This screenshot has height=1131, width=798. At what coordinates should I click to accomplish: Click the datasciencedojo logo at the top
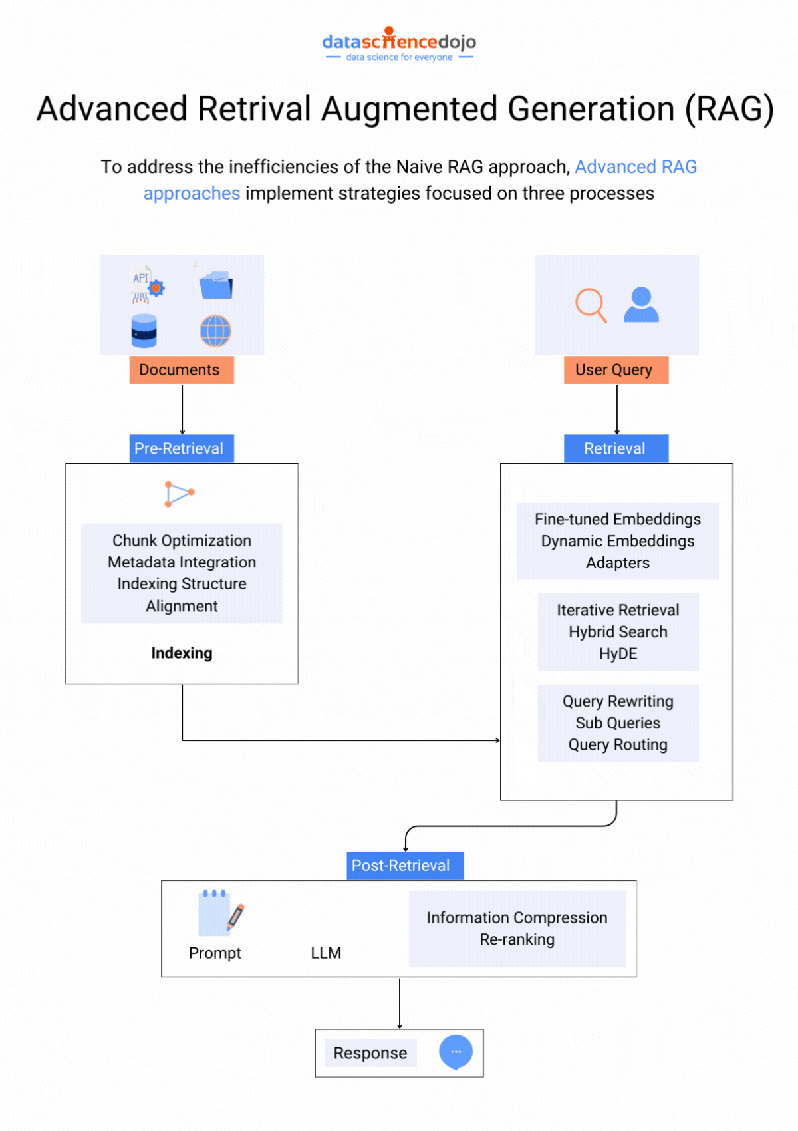point(399,44)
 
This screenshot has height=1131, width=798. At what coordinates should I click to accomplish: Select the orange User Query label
point(615,370)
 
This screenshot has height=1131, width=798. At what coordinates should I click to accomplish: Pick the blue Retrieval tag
point(615,448)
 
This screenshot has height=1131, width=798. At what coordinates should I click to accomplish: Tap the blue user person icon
point(641,305)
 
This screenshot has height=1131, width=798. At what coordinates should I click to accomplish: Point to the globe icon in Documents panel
point(215,331)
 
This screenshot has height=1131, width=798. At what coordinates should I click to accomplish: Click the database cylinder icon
point(144,331)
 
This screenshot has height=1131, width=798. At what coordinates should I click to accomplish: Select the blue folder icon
point(215,285)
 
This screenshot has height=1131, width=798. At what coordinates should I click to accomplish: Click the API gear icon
point(147,285)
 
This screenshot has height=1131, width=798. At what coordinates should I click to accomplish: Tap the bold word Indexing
point(182,653)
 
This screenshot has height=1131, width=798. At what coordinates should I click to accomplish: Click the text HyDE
point(618,654)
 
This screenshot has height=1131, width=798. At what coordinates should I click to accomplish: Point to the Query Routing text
point(618,745)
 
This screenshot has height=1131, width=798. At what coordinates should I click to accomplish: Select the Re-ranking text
point(517,939)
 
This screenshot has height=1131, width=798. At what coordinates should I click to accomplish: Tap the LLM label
point(326,953)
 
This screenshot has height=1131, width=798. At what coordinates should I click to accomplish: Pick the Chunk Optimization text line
point(182,540)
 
